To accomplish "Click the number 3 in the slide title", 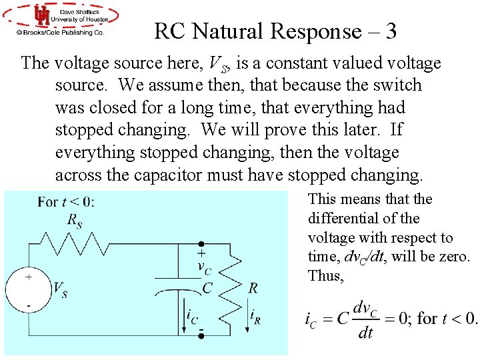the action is pos(391,31).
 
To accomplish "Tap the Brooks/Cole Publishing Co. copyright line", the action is pos(61,31).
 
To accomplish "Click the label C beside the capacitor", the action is pos(208,288).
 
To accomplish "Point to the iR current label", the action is pos(255,315).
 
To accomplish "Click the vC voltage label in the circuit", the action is pos(204,266).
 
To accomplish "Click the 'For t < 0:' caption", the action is pos(66,202).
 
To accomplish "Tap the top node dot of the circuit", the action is pos(201,245).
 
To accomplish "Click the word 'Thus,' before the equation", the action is pos(326,275).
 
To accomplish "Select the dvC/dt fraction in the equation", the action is pos(365,319).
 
